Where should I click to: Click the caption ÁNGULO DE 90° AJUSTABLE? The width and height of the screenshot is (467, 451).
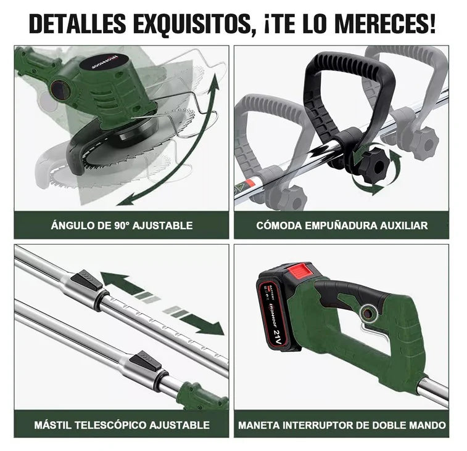[x=122, y=225]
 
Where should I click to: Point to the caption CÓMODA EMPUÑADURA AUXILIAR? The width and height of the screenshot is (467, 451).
[x=342, y=225]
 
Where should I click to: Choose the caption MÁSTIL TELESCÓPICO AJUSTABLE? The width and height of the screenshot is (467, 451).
[x=122, y=425]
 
